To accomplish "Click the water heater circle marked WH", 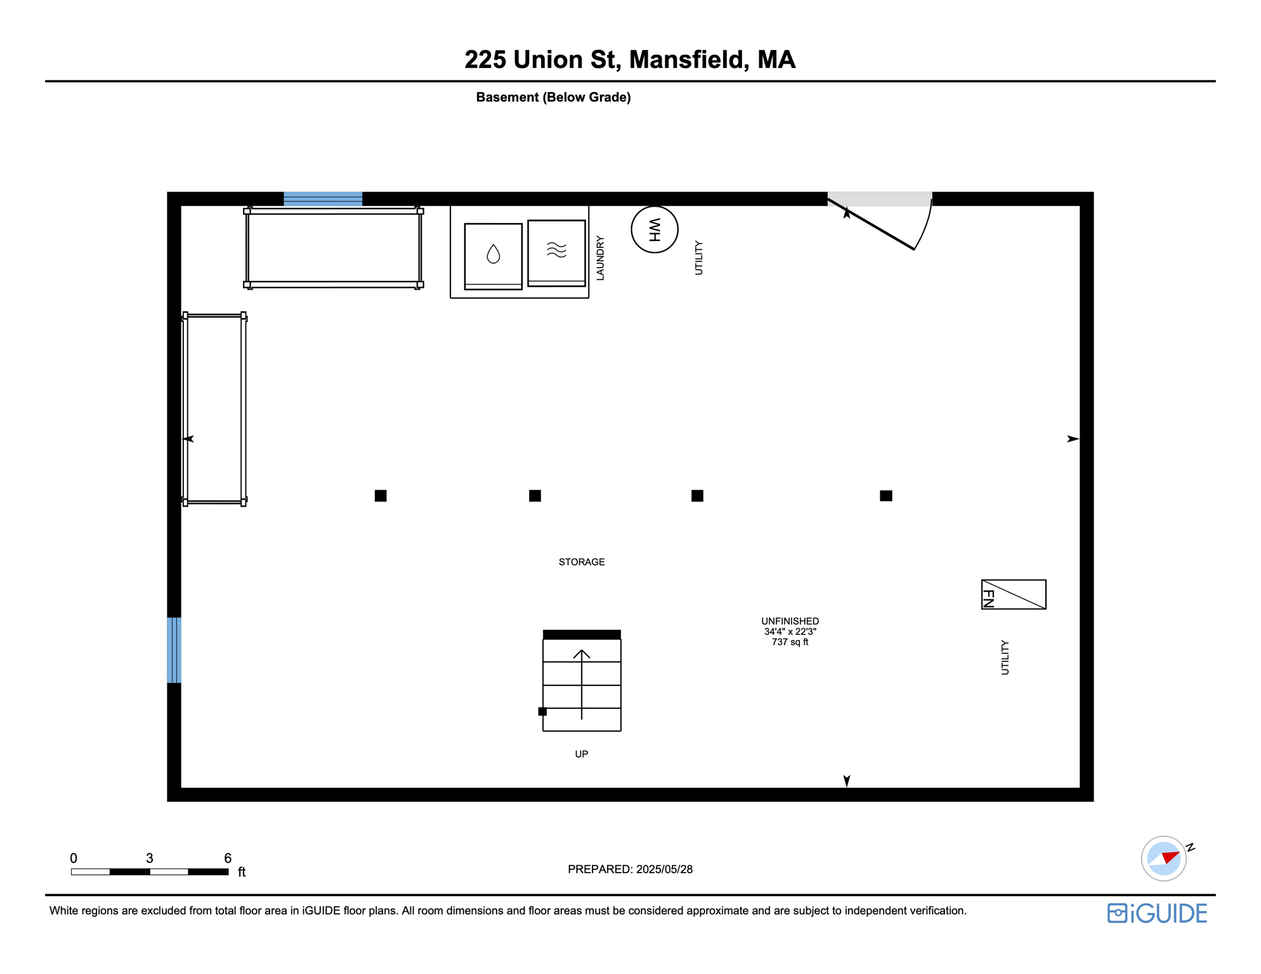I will pos(654,230).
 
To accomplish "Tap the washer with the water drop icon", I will pos(493,256).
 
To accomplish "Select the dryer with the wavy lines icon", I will pos(556,252).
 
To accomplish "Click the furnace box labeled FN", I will pos(1013,594).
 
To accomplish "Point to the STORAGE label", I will pos(581,562).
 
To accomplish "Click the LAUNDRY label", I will pos(600,258).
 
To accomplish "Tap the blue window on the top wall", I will pos(323,198).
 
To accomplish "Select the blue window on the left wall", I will pos(174,650).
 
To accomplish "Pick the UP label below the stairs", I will pos(581,754).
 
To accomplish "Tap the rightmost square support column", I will pos(885,496).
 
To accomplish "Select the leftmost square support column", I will pos(381,496).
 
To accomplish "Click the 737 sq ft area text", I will pos(790,642).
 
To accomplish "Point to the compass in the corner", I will pos(1163,859).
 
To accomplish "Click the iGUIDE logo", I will pos(1157,913).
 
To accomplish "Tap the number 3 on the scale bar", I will pos(150,858).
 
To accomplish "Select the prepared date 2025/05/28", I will pos(664,869).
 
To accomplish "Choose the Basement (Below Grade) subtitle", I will pos(553,97).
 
